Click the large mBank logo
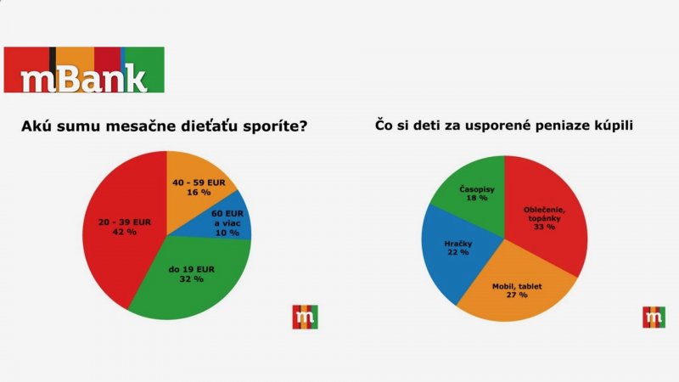[84, 70]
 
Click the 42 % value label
[125, 232]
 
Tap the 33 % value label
[543, 227]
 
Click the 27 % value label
[516, 297]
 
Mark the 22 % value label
[458, 254]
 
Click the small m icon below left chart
[305, 317]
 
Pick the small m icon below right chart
[654, 317]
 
